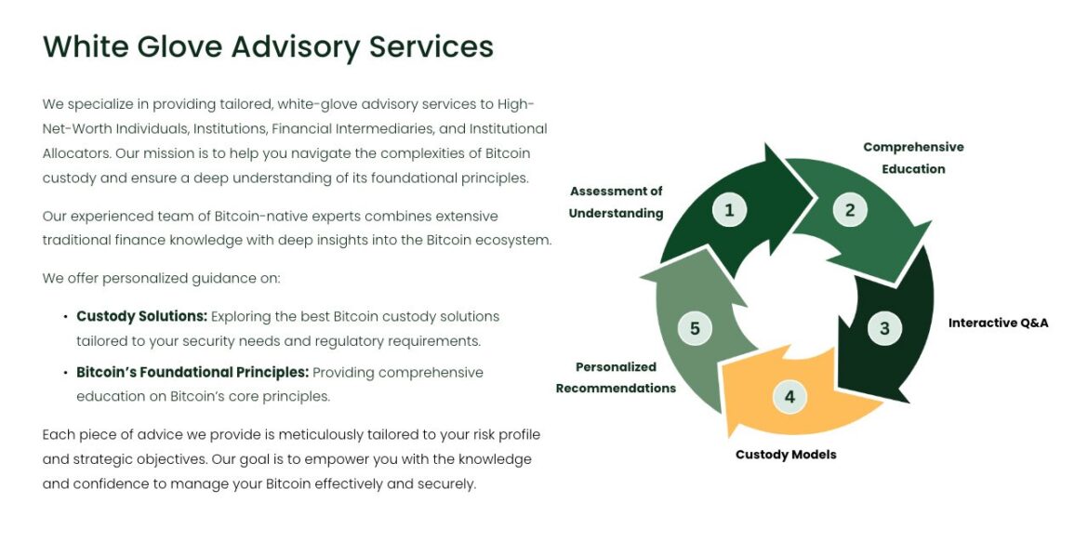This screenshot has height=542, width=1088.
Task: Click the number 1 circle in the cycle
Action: coord(729,210)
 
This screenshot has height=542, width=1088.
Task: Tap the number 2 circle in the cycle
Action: coord(849,210)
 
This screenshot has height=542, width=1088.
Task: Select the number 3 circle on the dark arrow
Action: coord(884,328)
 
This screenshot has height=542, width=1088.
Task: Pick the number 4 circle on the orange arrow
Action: coord(789,397)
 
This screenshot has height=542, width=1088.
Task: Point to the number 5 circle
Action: coord(695,328)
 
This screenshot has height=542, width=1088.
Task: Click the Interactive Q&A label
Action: coord(998,324)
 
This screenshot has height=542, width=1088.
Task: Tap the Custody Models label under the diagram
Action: coord(786,455)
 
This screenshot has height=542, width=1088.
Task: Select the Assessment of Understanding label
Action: coord(616,202)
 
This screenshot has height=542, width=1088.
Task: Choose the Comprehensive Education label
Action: coord(913,158)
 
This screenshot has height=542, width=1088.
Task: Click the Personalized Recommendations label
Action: coord(616,377)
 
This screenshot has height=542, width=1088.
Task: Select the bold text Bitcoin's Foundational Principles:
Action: coord(192,373)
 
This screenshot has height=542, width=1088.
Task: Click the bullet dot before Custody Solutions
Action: coord(65,317)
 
